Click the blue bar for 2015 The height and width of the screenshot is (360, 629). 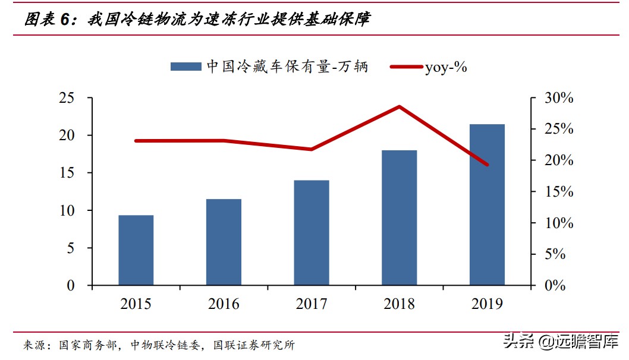pos(136,250)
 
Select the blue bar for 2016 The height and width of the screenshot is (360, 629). pos(224,242)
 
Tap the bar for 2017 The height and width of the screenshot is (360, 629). pos(312,233)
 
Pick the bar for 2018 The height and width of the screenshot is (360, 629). pos(399,217)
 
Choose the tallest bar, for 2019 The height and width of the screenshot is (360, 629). pos(487,205)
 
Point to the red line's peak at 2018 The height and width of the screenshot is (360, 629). pos(400,107)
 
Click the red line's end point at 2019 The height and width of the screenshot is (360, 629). pos(487,165)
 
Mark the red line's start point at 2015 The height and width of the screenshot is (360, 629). pos(136,141)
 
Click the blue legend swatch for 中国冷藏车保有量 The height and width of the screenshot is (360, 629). pos(186,67)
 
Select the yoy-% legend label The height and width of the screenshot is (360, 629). pos(446,67)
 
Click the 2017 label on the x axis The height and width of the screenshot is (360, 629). pos(312,304)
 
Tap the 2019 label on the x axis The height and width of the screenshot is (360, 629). pos(487,304)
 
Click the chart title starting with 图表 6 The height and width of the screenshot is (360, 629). pos(197,19)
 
